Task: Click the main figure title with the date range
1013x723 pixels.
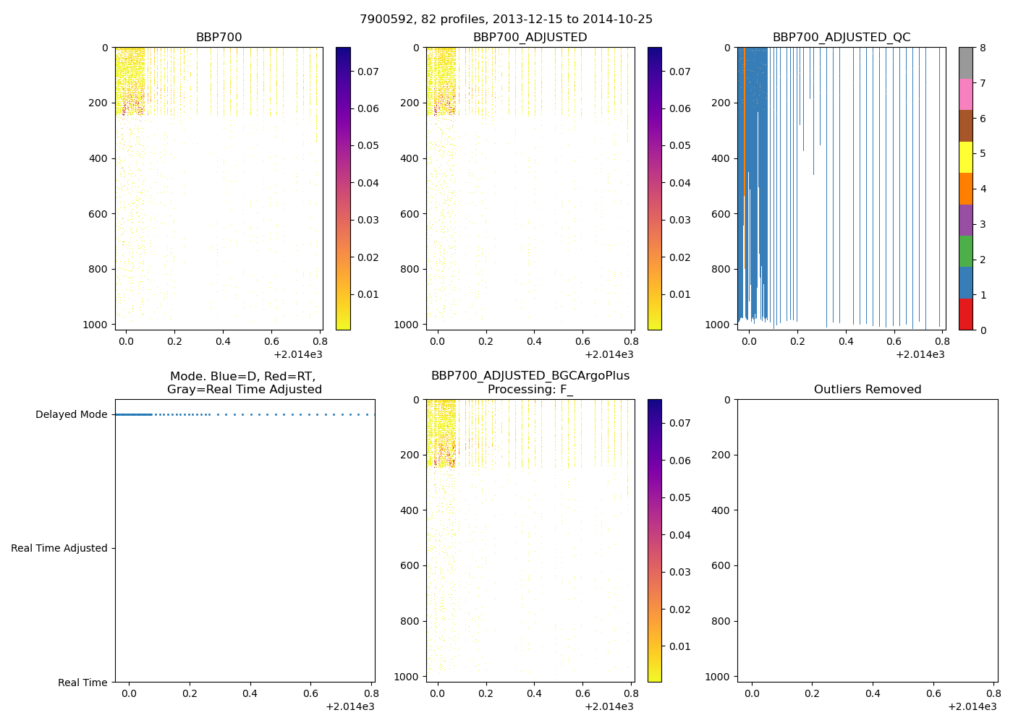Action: (506, 20)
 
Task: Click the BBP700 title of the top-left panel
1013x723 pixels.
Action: (219, 38)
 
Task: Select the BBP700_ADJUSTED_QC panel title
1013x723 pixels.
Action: (841, 38)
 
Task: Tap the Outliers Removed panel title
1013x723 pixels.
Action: (867, 390)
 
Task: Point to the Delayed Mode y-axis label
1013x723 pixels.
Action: (71, 415)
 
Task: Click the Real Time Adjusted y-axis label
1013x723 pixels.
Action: (59, 549)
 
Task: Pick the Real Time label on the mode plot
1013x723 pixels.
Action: (82, 683)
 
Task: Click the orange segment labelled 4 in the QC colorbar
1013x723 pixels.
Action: (965, 189)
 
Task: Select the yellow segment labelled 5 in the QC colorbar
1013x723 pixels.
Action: (965, 157)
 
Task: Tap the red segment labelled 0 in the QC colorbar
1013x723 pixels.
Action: (965, 315)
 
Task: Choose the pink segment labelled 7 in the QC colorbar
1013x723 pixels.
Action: (965, 94)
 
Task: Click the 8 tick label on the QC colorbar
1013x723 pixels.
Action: (983, 48)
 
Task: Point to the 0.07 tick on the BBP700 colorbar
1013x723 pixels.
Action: (368, 72)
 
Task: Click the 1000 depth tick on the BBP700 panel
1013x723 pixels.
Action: (96, 325)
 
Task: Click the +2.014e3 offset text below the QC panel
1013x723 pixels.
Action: (920, 354)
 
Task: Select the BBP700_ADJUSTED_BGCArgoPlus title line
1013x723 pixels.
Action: (530, 376)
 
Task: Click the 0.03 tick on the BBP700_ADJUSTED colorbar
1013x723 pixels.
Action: (679, 220)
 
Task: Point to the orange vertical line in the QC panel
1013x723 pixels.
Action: (744, 123)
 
